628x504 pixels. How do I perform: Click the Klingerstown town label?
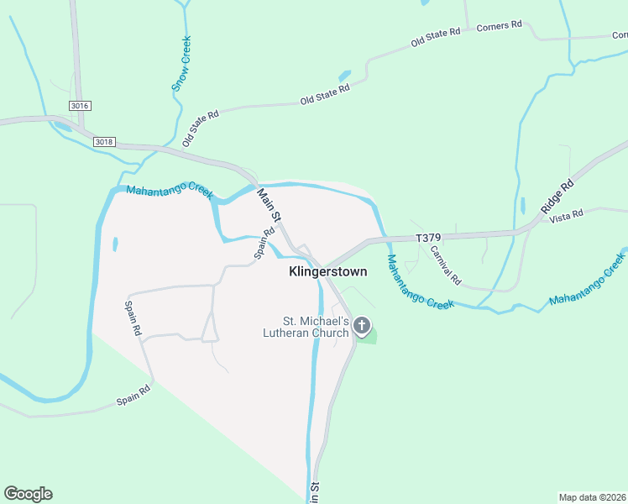point(327,272)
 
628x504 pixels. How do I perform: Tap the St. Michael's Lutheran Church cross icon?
point(362,325)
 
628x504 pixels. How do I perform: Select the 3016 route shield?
point(80,105)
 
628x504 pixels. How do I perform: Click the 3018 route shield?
point(104,141)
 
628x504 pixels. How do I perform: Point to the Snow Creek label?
point(181,63)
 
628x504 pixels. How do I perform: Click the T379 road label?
point(428,239)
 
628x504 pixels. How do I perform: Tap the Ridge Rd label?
point(557,195)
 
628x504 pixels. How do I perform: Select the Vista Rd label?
point(566,217)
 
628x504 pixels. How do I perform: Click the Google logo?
point(28,494)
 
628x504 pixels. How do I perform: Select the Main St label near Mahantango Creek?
point(268,206)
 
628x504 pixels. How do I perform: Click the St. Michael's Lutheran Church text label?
point(316,327)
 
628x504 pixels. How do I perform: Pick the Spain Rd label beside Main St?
point(265,243)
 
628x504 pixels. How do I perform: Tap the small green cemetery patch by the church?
point(368,338)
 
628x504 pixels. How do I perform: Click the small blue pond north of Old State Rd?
point(344,76)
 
